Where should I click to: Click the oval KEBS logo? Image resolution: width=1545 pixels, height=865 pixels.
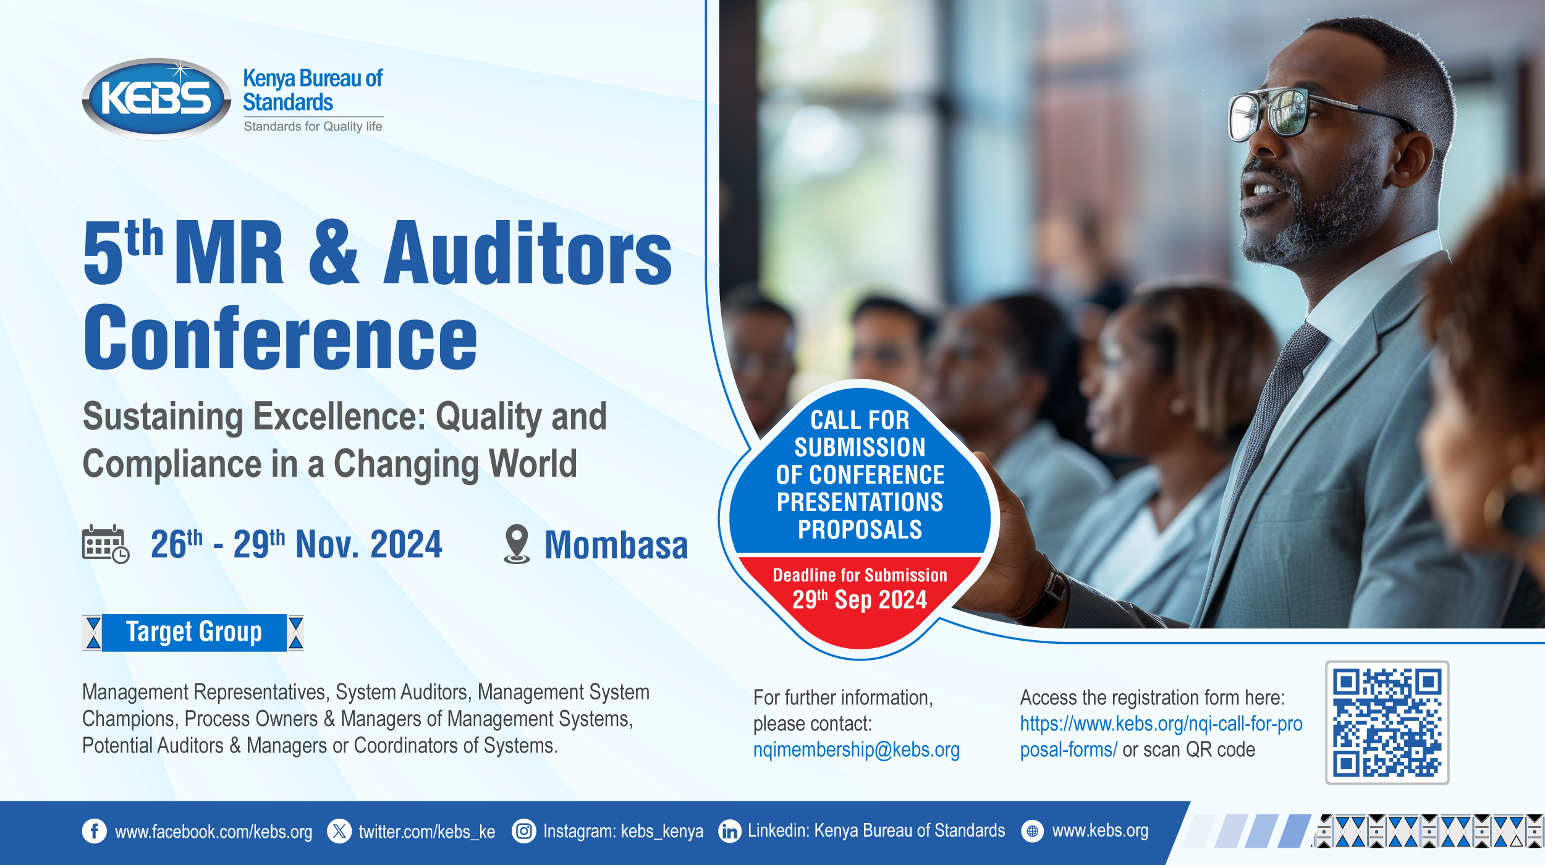156,98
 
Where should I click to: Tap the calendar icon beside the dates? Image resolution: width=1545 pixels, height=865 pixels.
105,544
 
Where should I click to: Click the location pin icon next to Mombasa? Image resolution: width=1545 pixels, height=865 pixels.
517,544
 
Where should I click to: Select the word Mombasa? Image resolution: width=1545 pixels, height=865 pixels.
616,546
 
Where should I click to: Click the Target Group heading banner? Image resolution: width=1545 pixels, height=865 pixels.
193,632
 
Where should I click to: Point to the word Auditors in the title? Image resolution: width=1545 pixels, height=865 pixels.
527,254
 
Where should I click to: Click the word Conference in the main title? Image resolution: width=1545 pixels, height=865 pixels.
281,338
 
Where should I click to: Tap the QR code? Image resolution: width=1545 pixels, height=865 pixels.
1387,722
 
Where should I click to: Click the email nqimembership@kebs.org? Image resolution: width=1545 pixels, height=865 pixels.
856,749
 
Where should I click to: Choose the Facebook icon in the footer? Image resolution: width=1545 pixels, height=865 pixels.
95,831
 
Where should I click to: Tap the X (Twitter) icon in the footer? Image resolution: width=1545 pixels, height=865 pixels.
339,831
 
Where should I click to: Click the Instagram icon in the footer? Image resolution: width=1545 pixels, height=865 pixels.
523,831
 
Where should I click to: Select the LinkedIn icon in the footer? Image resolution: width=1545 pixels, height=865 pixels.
730,831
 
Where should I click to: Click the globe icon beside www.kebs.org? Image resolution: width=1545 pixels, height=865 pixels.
1032,831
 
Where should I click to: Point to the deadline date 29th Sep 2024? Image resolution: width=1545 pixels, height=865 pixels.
860,600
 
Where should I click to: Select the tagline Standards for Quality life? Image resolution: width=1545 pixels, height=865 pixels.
313,127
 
